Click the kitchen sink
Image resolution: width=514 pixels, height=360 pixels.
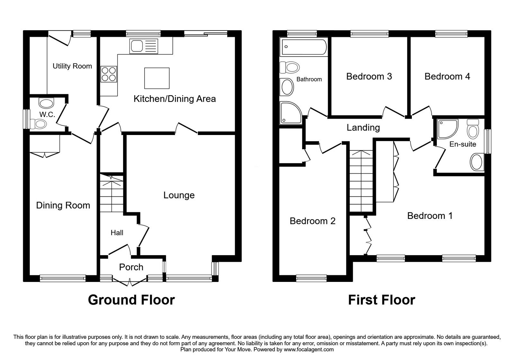pos(144,46)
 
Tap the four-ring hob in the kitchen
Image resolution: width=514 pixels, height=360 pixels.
pos(109,74)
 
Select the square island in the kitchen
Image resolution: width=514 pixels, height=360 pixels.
pos(157,78)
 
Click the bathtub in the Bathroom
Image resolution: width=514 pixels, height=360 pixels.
pos(304,47)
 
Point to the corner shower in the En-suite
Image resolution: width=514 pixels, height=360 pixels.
pos(447,129)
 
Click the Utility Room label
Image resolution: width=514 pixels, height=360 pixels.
pos(72,66)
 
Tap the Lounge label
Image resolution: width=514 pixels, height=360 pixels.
pos(179,195)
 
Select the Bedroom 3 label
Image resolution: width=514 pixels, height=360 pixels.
pos(369,76)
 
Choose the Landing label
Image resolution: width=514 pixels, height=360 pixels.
pos(363,128)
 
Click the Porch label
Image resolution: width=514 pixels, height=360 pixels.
pos(131,267)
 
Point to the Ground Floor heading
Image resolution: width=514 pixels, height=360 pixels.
pos(131,300)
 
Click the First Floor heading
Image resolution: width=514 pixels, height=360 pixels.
pos(382,300)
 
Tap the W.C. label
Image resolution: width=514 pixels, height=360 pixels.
pos(47,114)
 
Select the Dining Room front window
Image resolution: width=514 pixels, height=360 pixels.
pos(63,278)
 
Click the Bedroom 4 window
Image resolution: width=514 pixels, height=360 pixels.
pos(451,34)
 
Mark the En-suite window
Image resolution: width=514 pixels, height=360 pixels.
pos(488,141)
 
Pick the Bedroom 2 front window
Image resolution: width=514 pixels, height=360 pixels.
pos(311,278)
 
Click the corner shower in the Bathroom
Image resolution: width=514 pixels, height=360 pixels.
pos(290,113)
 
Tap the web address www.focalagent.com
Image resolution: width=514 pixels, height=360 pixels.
pos(309,350)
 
